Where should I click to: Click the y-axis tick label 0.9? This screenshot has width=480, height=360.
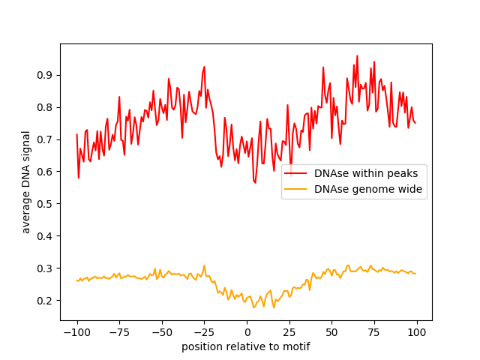(46, 75)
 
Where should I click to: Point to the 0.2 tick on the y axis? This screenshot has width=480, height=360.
(46, 301)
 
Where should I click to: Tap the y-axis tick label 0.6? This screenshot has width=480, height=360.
(46, 172)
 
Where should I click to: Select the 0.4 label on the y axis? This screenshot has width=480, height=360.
(46, 236)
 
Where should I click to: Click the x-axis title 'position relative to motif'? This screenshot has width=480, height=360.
(246, 346)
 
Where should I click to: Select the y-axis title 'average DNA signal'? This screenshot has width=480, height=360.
(26, 182)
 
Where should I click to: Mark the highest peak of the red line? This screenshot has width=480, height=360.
(357, 55)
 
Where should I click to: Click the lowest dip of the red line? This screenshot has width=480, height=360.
(255, 182)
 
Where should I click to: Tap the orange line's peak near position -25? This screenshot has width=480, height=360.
(204, 265)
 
